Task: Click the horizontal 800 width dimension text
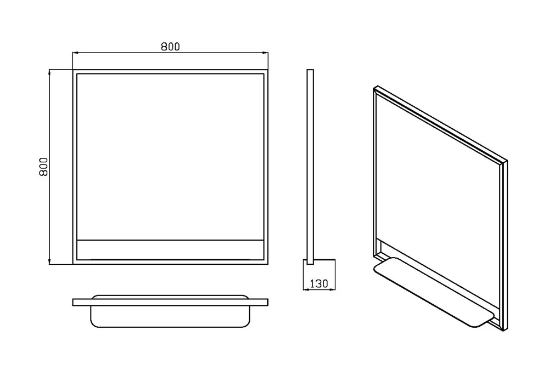170,47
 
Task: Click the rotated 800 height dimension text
43,167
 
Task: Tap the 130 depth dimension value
319,283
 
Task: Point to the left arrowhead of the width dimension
75,53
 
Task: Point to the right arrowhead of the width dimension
265,53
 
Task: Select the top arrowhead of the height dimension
50,72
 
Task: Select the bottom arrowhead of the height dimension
50,261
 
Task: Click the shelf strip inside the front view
170,249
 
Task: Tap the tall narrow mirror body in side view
310,167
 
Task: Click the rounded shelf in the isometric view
434,292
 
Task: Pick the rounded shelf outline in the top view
170,316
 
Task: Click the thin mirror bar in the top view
170,303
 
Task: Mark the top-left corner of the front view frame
73,70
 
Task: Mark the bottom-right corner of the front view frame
268,264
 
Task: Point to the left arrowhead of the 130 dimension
305,289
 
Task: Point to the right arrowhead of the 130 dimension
333,289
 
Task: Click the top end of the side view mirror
310,70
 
